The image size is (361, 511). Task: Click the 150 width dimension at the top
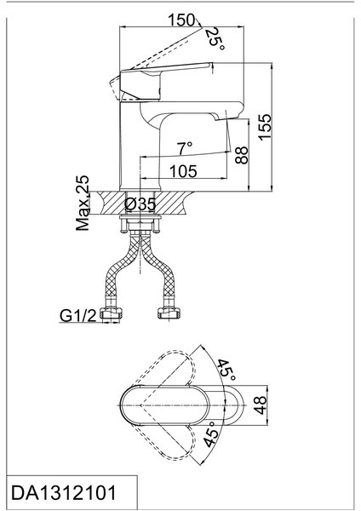180,20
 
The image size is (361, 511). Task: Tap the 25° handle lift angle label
215,39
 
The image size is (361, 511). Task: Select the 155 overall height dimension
265,127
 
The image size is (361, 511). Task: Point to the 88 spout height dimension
242,155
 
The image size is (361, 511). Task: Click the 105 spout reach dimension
183,171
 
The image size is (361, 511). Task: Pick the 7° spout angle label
185,148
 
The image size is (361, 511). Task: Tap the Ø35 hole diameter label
140,204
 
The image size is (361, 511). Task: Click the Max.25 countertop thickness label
83,203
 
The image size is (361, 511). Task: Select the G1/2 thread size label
78,315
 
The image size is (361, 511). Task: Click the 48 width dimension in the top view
261,405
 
